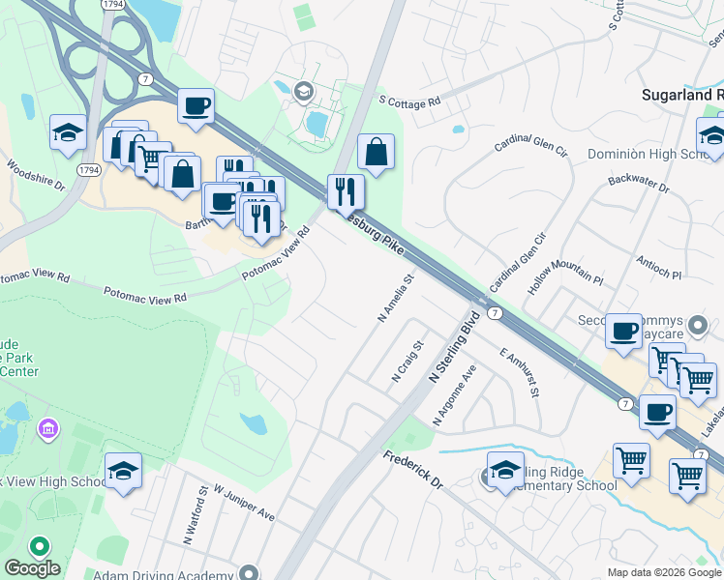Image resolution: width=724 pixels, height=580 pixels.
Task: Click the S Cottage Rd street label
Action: [x=409, y=101]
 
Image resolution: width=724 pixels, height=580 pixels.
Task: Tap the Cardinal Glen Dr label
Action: [x=529, y=144]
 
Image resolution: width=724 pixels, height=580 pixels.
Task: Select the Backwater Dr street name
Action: [x=638, y=183]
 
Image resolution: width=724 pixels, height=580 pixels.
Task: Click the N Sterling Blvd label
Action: [x=454, y=345]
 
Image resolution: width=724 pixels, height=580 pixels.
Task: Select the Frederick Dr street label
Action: [x=411, y=470]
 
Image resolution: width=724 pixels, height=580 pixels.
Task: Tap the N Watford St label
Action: [x=189, y=513]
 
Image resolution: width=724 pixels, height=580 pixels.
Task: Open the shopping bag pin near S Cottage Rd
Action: [x=376, y=153]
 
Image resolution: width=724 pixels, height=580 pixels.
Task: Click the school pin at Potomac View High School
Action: [x=123, y=471]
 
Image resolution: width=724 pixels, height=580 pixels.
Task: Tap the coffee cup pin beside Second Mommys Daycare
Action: [x=622, y=332]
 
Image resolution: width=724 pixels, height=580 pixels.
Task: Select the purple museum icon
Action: [x=46, y=427]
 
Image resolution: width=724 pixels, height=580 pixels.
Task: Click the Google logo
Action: [x=32, y=568]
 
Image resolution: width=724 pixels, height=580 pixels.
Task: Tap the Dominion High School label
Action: [x=649, y=155]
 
